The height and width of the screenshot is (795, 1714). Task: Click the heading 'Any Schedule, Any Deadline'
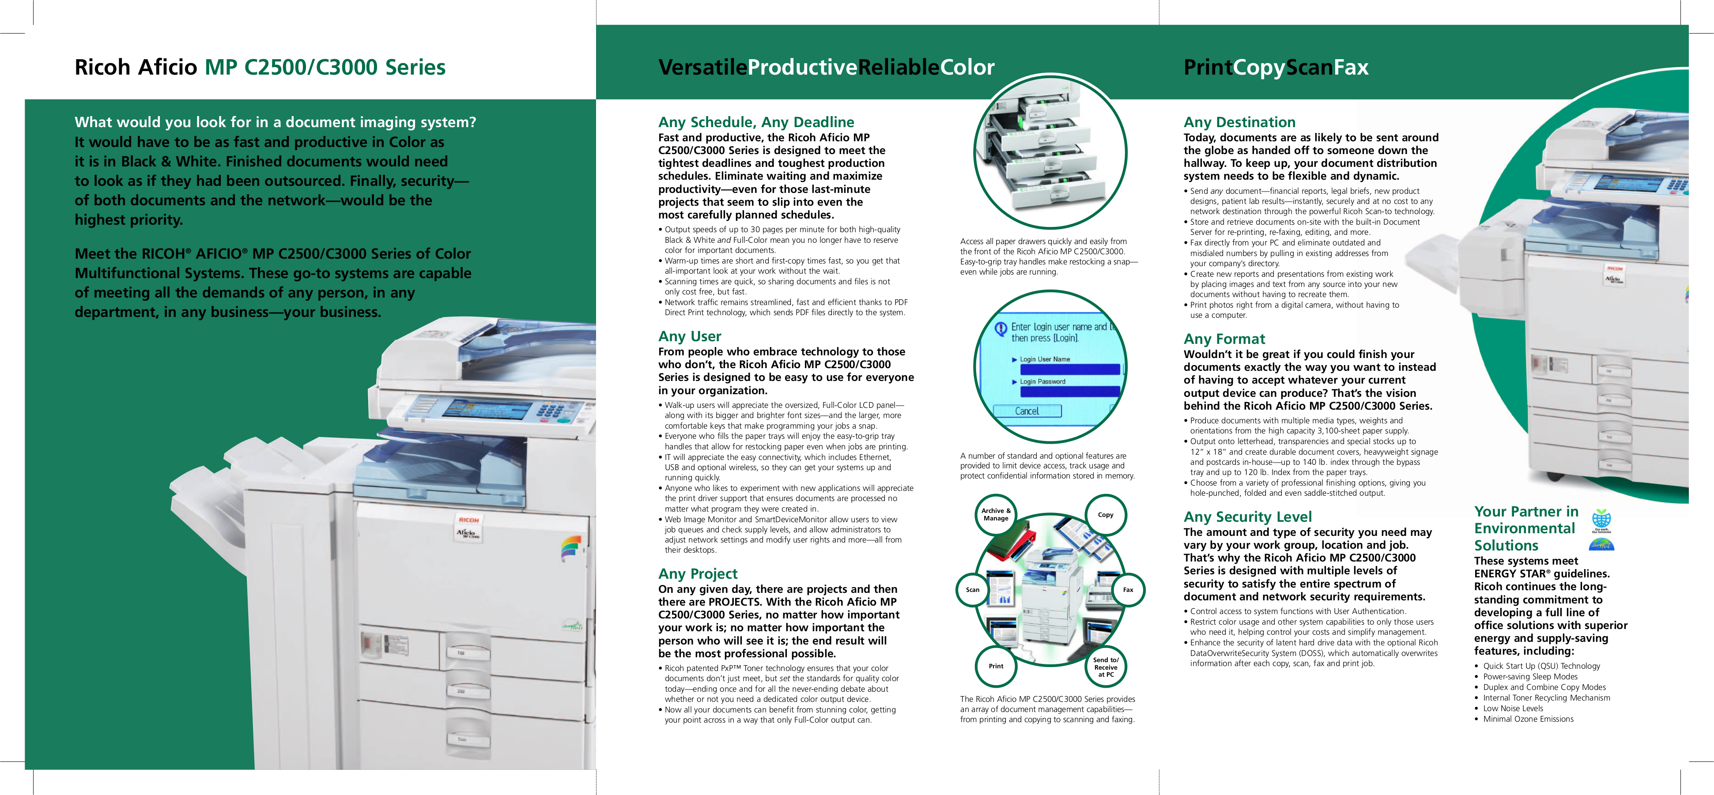coord(756,122)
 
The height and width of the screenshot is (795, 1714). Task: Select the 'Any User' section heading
coord(689,337)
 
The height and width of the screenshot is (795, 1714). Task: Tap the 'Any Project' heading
coord(697,574)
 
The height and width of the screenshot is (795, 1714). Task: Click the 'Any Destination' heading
coord(1239,122)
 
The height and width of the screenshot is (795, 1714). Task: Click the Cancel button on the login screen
coord(1027,411)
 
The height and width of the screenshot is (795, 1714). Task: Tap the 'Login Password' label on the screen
coord(1042,382)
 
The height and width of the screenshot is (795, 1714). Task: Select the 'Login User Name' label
coord(1045,359)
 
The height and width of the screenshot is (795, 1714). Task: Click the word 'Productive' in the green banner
coord(802,67)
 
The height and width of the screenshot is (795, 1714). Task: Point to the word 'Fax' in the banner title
coord(1351,67)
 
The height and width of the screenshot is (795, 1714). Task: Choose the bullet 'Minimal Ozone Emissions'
coord(1528,719)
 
